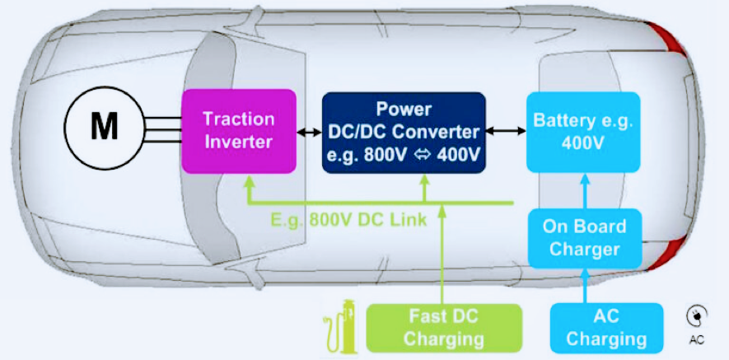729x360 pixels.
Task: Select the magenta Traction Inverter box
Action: [x=239, y=131]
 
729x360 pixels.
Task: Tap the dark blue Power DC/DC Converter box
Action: [x=404, y=133]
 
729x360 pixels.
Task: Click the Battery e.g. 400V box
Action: [x=583, y=132]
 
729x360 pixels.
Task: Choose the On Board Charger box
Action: [x=585, y=239]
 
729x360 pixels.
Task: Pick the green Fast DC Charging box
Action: [x=444, y=328]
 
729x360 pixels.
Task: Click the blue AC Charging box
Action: [x=606, y=328]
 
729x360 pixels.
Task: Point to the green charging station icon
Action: [x=338, y=325]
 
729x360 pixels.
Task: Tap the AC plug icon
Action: [x=696, y=316]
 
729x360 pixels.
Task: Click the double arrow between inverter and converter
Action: [x=309, y=133]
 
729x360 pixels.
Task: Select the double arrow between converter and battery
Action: [x=506, y=133]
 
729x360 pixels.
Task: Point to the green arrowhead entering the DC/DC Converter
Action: [x=424, y=180]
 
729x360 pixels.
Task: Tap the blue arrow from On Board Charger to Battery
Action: [x=585, y=191]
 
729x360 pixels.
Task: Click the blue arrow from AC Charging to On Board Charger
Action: [x=585, y=286]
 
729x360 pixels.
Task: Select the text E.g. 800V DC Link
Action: [x=348, y=219]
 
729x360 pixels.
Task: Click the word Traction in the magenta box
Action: [x=239, y=119]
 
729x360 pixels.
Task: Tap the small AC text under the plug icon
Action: [x=696, y=340]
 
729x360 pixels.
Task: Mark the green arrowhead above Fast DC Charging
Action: [x=442, y=211]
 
